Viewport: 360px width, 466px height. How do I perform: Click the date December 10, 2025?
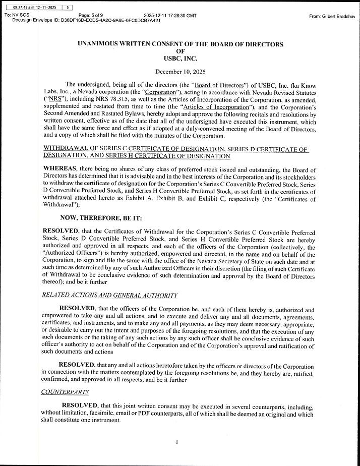180,72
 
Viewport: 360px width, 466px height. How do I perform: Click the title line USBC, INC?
180,59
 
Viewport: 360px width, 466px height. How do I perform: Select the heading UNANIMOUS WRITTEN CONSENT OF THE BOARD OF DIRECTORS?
180,44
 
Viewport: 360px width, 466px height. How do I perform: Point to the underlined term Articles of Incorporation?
216,107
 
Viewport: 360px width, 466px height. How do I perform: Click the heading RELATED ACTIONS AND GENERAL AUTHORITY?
109,296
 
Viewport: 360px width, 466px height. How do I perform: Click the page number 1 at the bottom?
177,442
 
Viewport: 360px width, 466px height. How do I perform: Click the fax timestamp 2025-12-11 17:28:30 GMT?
170,16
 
